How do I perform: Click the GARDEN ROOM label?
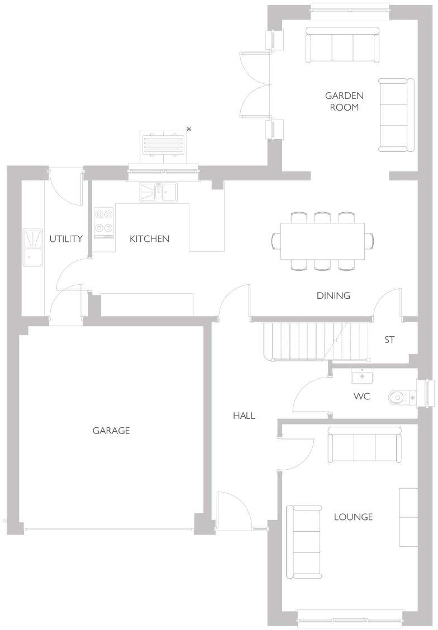344,101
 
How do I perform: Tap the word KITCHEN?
149,239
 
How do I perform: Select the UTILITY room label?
66,239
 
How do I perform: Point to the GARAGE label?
111,431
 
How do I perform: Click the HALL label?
244,416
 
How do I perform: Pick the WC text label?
361,397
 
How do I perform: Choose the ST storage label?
389,340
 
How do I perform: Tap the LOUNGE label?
353,517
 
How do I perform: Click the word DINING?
333,296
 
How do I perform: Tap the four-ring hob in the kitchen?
103,222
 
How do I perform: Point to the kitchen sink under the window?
158,192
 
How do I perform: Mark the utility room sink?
33,247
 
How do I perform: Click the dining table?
323,241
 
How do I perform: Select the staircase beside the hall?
316,340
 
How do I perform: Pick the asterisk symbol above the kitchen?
189,130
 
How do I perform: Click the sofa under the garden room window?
342,45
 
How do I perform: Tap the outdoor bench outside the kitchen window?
164,147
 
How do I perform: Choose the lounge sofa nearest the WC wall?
364,445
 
